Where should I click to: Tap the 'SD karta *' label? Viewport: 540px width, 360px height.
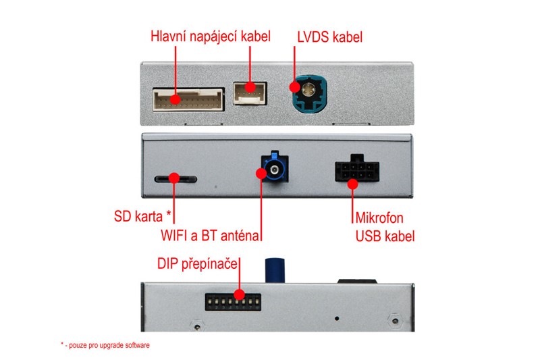click(143, 217)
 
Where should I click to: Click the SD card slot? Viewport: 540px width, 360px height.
click(175, 179)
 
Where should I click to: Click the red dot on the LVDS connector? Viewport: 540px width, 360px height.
click(295, 86)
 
